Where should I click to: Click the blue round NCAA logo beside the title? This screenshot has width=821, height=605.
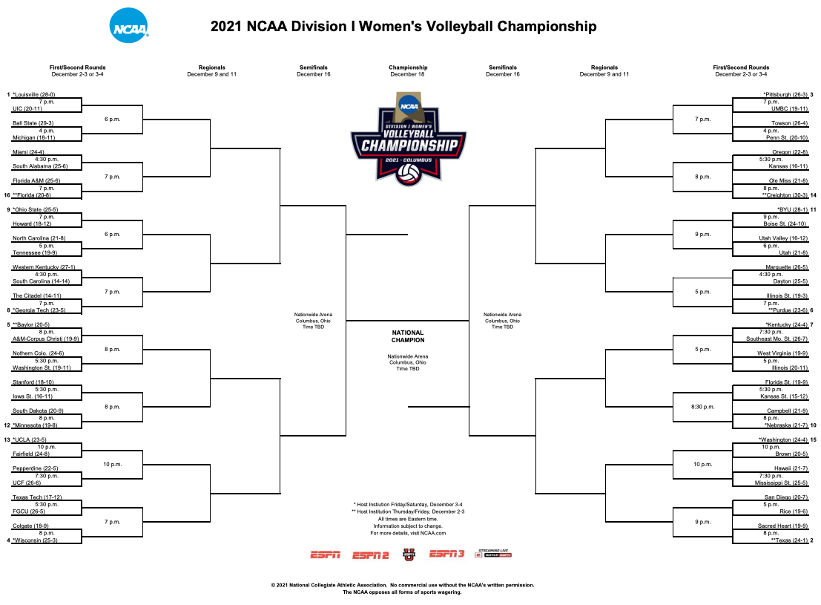129,26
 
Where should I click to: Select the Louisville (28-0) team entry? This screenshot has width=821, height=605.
34,94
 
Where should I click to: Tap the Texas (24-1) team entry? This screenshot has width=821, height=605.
789,540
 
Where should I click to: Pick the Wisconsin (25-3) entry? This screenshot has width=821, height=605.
35,540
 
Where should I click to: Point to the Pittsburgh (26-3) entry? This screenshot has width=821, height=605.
785,94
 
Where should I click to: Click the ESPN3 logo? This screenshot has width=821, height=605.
446,554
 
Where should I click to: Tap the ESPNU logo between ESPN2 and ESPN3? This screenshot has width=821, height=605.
409,554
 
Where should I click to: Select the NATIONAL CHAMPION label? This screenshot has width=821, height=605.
408,336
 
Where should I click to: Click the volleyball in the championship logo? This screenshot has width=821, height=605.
409,174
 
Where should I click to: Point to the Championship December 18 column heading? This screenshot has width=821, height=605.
408,71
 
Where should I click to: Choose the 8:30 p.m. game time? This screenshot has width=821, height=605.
702,407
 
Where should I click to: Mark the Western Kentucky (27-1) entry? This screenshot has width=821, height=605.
44,266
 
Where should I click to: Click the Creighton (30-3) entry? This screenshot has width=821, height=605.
785,195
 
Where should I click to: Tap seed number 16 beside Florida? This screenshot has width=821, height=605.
7,195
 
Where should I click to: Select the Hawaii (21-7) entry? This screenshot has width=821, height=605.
791,468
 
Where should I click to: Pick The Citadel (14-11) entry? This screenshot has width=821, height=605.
36,295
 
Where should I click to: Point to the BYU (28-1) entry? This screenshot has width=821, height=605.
793,209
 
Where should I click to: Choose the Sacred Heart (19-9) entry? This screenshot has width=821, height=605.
782,526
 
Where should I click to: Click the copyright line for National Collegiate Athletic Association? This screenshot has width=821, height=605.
402,585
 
